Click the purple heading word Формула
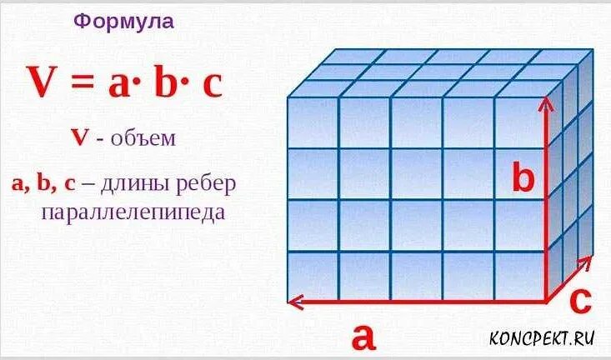pyautogui.click(x=123, y=22)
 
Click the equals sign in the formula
pyautogui.click(x=86, y=84)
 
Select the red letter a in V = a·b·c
pyautogui.click(x=120, y=85)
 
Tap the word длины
pyautogui.click(x=134, y=182)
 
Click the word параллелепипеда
pyautogui.click(x=133, y=212)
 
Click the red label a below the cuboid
pyautogui.click(x=363, y=337)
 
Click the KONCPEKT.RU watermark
pyautogui.click(x=542, y=337)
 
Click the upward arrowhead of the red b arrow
pyautogui.click(x=546, y=103)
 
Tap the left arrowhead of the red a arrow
pyautogui.click(x=293, y=301)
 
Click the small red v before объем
pyautogui.click(x=80, y=138)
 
